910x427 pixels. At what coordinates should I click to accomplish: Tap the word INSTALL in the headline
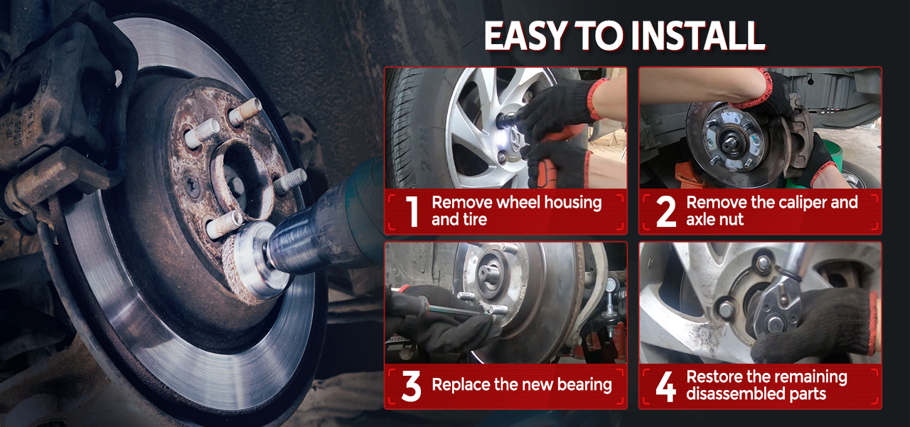coord(698,36)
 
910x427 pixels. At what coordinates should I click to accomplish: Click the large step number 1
coord(412,211)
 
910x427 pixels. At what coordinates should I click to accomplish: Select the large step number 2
coord(666,211)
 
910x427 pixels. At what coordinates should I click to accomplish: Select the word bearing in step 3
coord(584,385)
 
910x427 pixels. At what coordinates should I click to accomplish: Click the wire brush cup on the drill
coord(252,261)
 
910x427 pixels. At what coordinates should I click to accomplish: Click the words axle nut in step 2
coord(715,220)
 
